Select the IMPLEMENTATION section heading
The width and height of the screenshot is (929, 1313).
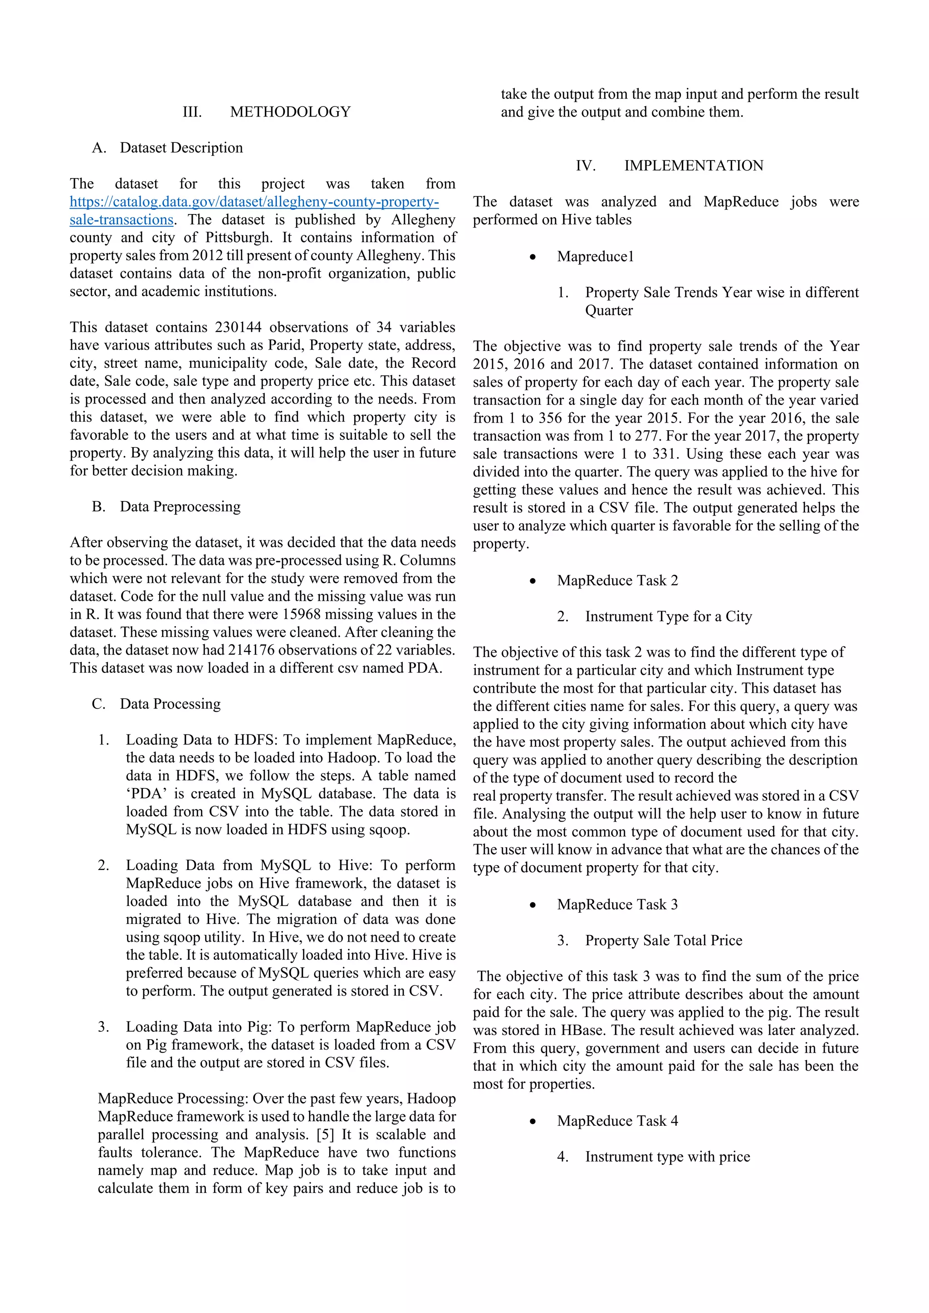click(693, 165)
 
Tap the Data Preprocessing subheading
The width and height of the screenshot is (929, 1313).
click(180, 507)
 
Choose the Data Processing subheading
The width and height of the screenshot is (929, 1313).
click(170, 704)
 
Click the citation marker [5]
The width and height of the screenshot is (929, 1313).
click(325, 1134)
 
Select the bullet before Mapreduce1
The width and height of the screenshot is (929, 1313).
click(533, 258)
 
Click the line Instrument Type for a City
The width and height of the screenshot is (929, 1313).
click(668, 617)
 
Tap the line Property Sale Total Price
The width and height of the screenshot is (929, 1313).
click(664, 940)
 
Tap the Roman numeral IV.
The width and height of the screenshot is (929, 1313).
click(585, 165)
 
